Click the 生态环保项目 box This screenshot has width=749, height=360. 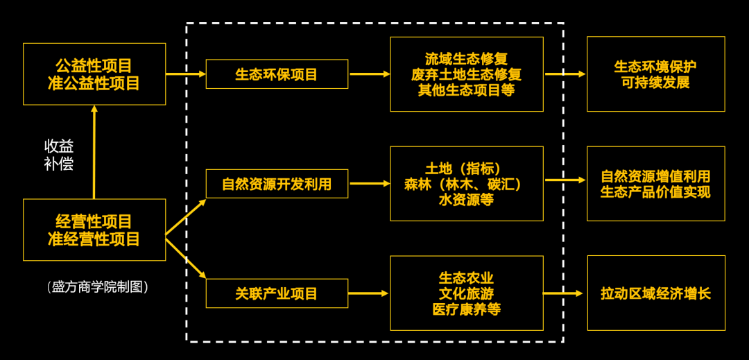click(x=277, y=74)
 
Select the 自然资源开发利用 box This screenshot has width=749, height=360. click(x=277, y=184)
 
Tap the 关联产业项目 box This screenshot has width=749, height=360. click(x=277, y=293)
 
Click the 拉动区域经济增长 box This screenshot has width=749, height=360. click(x=655, y=293)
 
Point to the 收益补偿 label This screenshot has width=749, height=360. click(x=59, y=155)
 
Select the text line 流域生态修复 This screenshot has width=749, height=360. click(x=466, y=59)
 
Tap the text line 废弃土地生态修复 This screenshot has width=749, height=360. click(x=466, y=74)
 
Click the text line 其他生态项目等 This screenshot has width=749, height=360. click(x=466, y=90)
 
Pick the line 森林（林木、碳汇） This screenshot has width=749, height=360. click(x=466, y=185)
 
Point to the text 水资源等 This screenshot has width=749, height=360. click(x=466, y=200)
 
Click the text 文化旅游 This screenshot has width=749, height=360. click(x=466, y=293)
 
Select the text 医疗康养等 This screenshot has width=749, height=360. click(x=466, y=309)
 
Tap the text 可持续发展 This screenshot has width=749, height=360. click(x=655, y=83)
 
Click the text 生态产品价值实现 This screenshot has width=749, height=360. click(x=655, y=192)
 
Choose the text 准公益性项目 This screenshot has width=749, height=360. click(x=94, y=83)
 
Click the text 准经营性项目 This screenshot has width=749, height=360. click(x=94, y=239)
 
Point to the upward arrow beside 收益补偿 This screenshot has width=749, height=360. click(x=94, y=152)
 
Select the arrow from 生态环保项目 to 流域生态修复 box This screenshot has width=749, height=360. click(x=369, y=74)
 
